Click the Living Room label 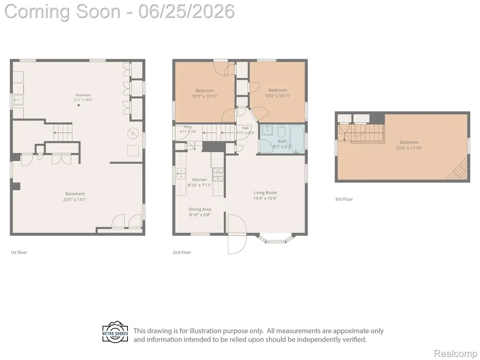pyautogui.click(x=265, y=193)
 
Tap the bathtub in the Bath pyautogui.click(x=297, y=139)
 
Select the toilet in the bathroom pyautogui.click(x=281, y=132)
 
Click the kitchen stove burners pyautogui.click(x=217, y=174)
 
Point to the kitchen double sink pyautogui.click(x=180, y=173)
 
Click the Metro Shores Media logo pyautogui.click(x=115, y=332)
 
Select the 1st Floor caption pyautogui.click(x=19, y=252)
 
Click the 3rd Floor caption pyautogui.click(x=344, y=199)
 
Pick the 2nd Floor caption pyautogui.click(x=182, y=252)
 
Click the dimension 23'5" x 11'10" pyautogui.click(x=409, y=148)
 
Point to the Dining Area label pyautogui.click(x=200, y=210)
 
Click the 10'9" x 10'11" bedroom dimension pyautogui.click(x=205, y=96)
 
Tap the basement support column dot pyautogui.click(x=78, y=105)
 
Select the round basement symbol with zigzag pyautogui.click(x=133, y=133)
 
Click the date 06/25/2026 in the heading pyautogui.click(x=187, y=11)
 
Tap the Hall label pyautogui.click(x=245, y=128)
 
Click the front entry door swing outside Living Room pyautogui.click(x=237, y=234)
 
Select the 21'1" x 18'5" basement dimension pyautogui.click(x=83, y=100)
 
